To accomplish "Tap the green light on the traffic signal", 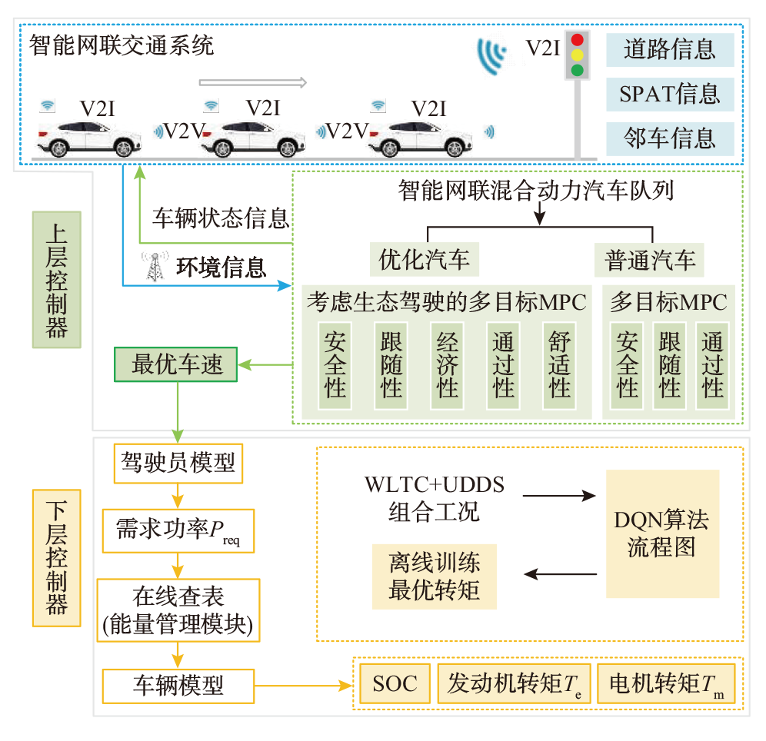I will (x=578, y=71).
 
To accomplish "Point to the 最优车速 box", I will (x=177, y=364).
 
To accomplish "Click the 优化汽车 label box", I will (x=424, y=260).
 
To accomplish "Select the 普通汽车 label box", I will (x=650, y=260).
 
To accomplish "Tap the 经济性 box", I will (x=447, y=364).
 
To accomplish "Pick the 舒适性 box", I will (x=559, y=364).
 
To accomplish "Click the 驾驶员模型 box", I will (x=178, y=463).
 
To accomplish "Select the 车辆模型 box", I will (x=178, y=684).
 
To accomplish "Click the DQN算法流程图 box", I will (x=662, y=533).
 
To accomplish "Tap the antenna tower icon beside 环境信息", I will (x=155, y=266).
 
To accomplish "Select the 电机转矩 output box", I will (x=666, y=683).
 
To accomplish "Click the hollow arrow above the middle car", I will (x=253, y=82).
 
